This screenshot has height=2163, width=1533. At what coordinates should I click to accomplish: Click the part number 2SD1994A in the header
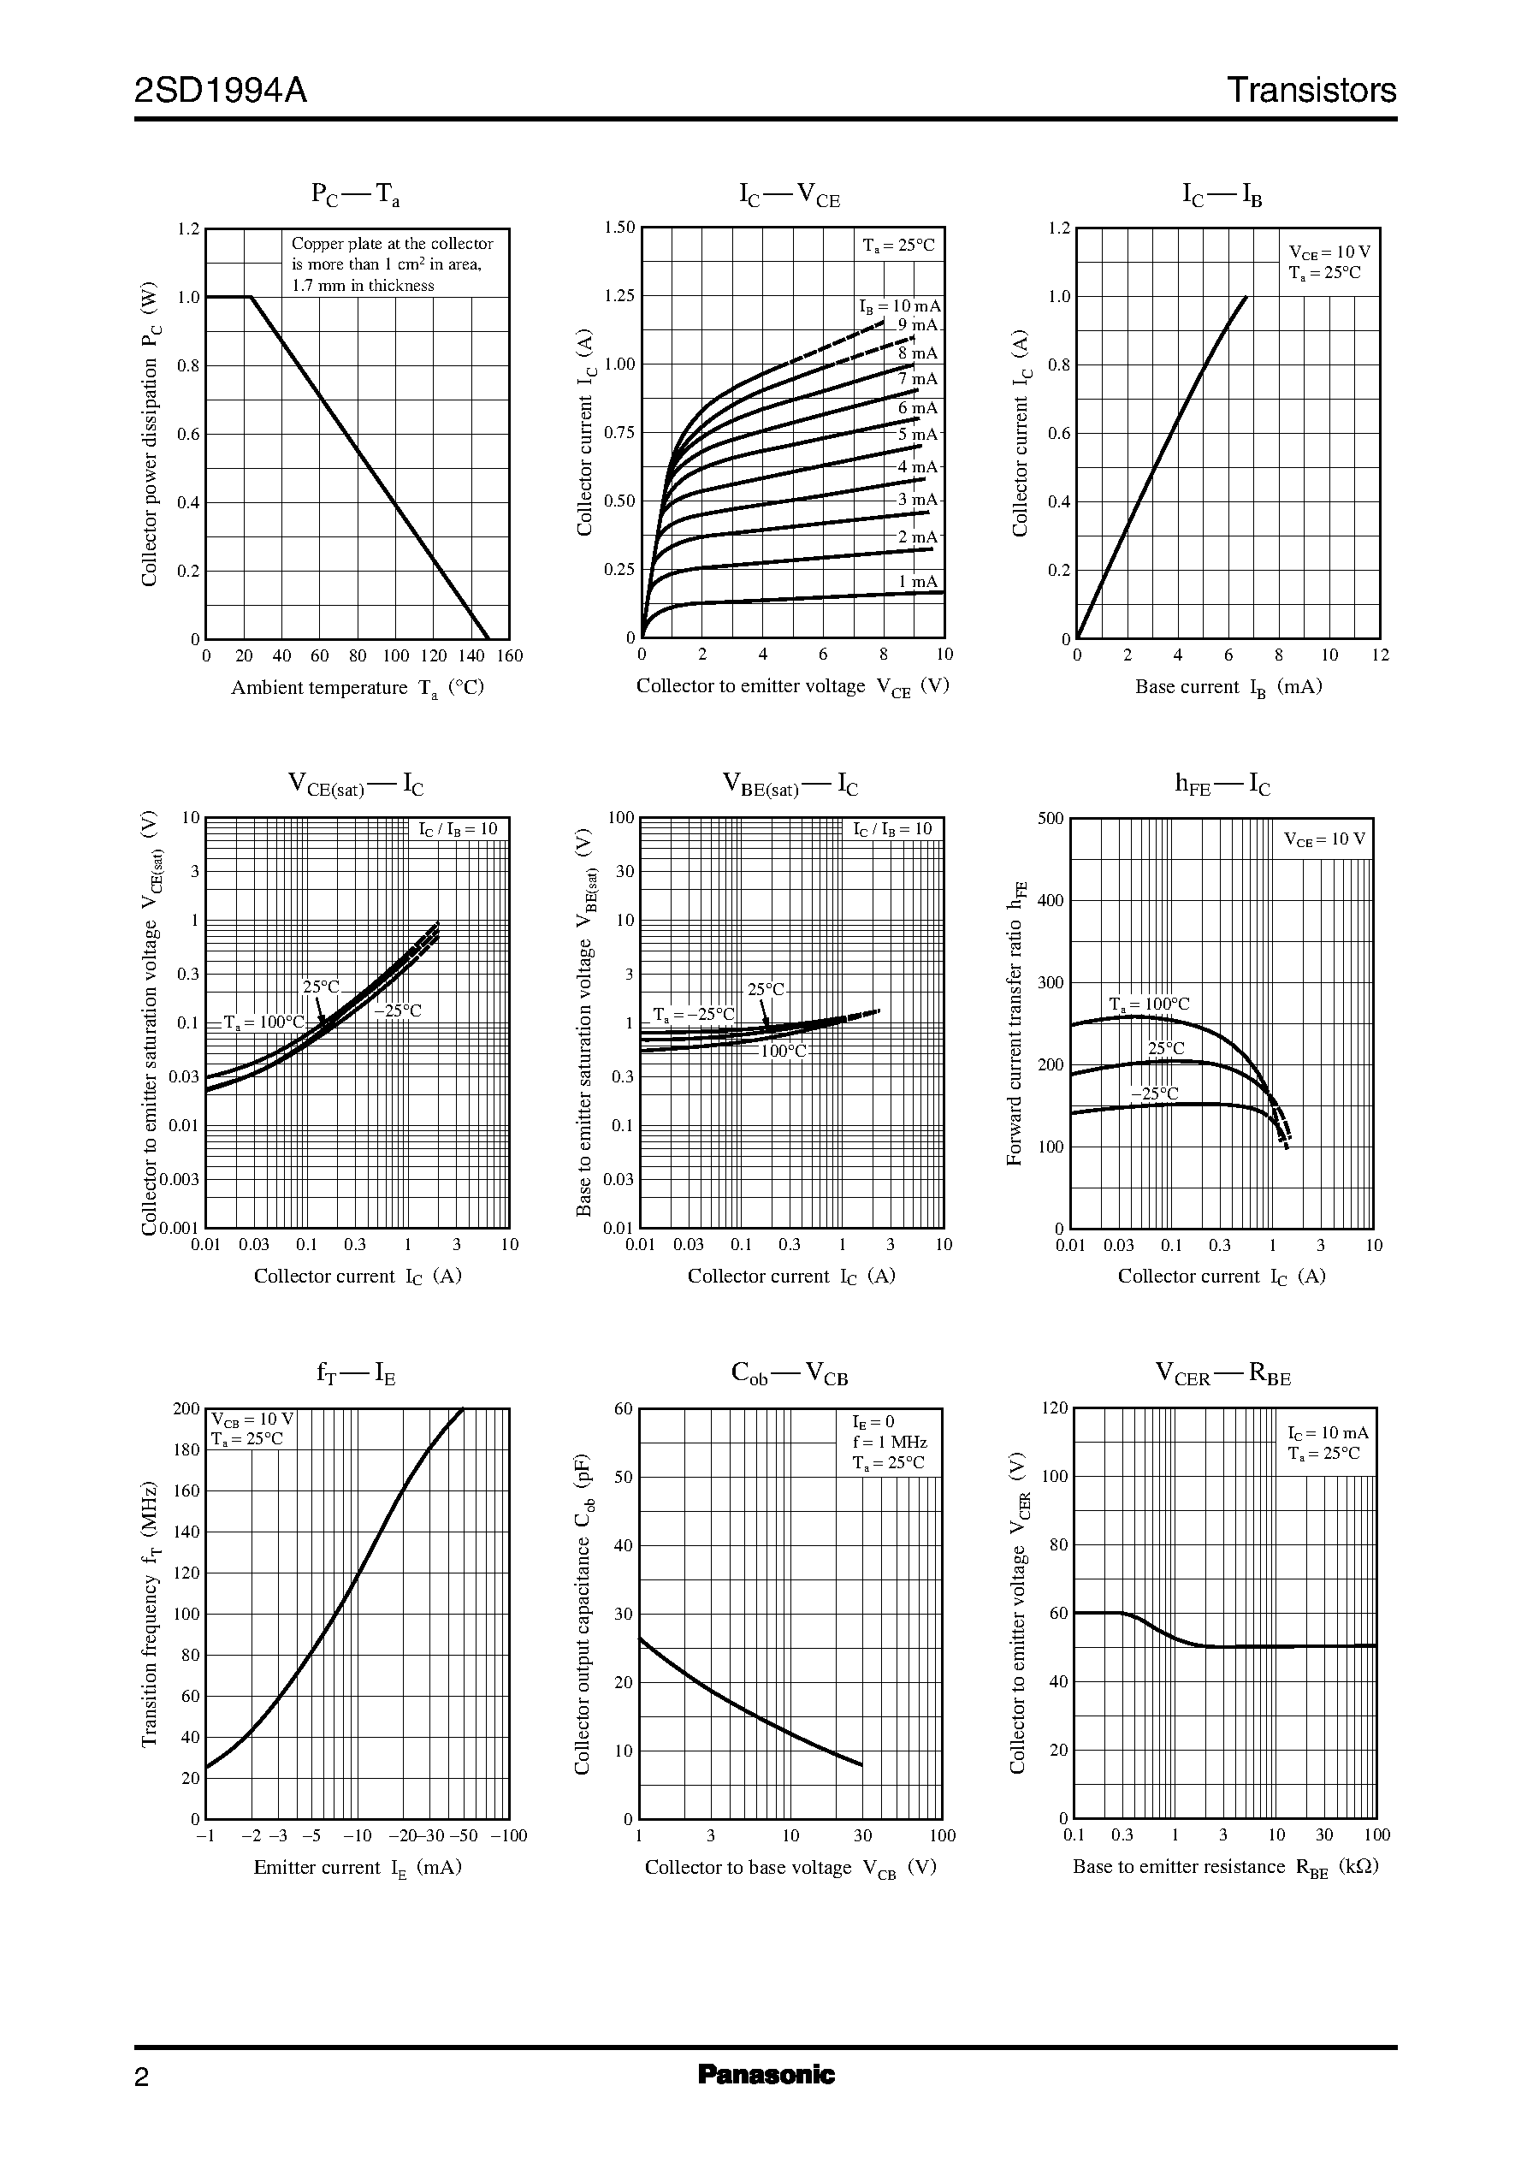pyautogui.click(x=221, y=91)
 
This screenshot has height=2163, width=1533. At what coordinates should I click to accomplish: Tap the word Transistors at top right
pyautogui.click(x=1311, y=91)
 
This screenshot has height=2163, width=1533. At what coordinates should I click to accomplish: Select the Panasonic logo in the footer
pyautogui.click(x=766, y=2074)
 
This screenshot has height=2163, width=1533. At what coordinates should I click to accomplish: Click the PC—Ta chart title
pyautogui.click(x=356, y=194)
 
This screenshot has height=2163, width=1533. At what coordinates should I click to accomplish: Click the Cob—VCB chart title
pyautogui.click(x=789, y=1374)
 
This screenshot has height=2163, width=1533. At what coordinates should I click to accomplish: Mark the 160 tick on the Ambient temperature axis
pyautogui.click(x=509, y=656)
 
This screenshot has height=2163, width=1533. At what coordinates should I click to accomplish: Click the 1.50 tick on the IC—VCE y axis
pyautogui.click(x=620, y=228)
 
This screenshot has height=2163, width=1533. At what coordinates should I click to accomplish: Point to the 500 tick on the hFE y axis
pyautogui.click(x=1051, y=819)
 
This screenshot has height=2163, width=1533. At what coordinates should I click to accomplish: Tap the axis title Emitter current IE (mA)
pyautogui.click(x=357, y=1868)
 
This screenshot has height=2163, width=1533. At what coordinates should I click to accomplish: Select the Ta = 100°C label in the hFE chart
pyautogui.click(x=1149, y=1004)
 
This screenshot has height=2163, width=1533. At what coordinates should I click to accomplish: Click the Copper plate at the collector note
pyautogui.click(x=392, y=244)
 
